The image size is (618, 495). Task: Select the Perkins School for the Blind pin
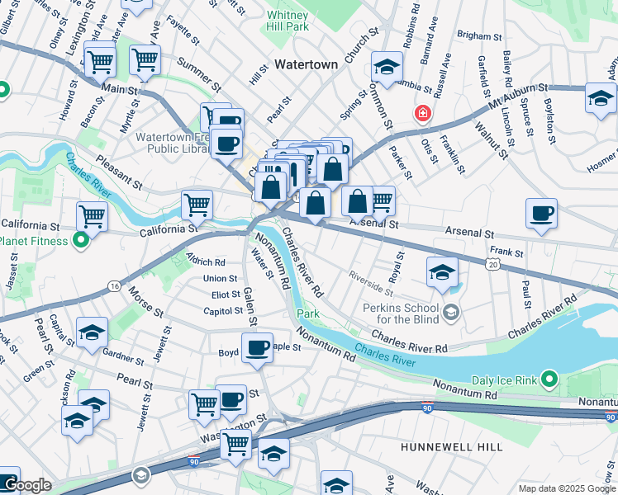pyautogui.click(x=451, y=311)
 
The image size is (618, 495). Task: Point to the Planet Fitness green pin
pyautogui.click(x=80, y=241)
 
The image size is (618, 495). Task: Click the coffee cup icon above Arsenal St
pyautogui.click(x=542, y=214)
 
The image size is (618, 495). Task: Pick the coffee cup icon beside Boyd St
pyautogui.click(x=257, y=346)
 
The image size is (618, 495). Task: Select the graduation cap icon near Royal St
pyautogui.click(x=442, y=272)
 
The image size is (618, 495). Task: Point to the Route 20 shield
pyautogui.click(x=493, y=264)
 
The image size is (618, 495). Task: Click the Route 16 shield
pyautogui.click(x=113, y=286)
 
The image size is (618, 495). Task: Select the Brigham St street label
pyautogui.click(x=479, y=37)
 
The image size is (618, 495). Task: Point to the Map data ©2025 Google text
pyautogui.click(x=566, y=488)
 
